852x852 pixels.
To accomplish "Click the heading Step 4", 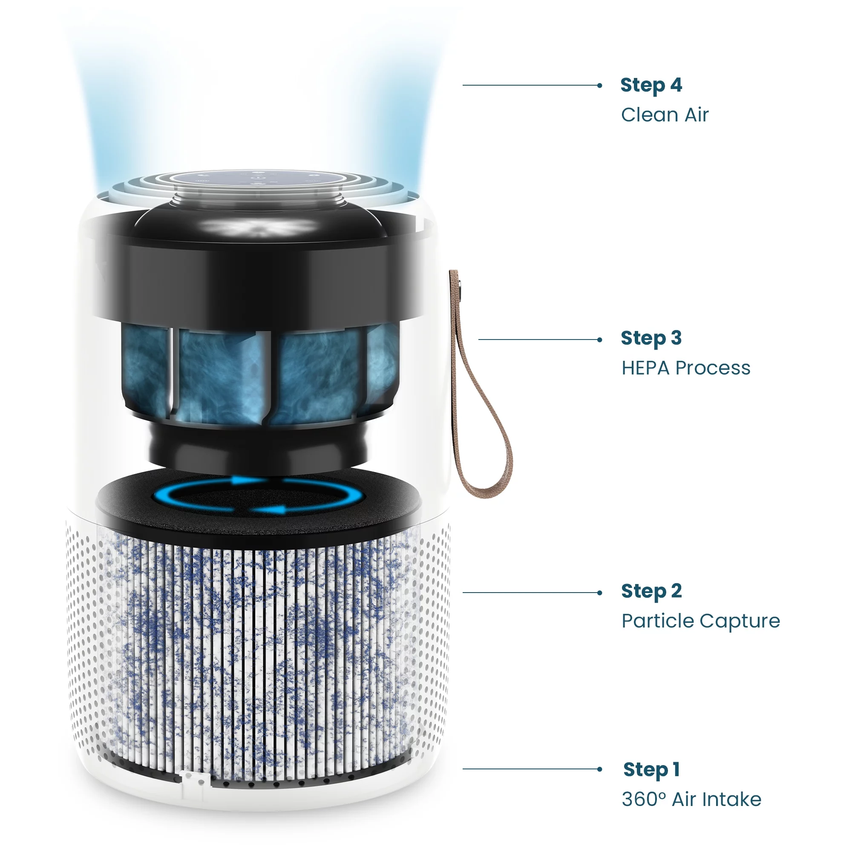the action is point(651,86).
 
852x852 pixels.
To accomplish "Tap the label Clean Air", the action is point(665,115).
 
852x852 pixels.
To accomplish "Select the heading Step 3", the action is point(651,339).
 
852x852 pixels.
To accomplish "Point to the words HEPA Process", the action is point(686,368).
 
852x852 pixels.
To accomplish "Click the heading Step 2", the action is point(651,591).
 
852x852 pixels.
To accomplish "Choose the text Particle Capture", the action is point(701,622).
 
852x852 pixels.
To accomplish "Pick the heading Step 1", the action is point(651,770).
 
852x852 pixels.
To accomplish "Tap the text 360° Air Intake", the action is point(691,800).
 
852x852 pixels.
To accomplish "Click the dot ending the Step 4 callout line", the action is point(599,86).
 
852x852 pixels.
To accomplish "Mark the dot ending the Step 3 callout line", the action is point(599,340).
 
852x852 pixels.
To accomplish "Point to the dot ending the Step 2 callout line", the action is point(599,593).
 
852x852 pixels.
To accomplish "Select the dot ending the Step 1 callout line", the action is point(599,769).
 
